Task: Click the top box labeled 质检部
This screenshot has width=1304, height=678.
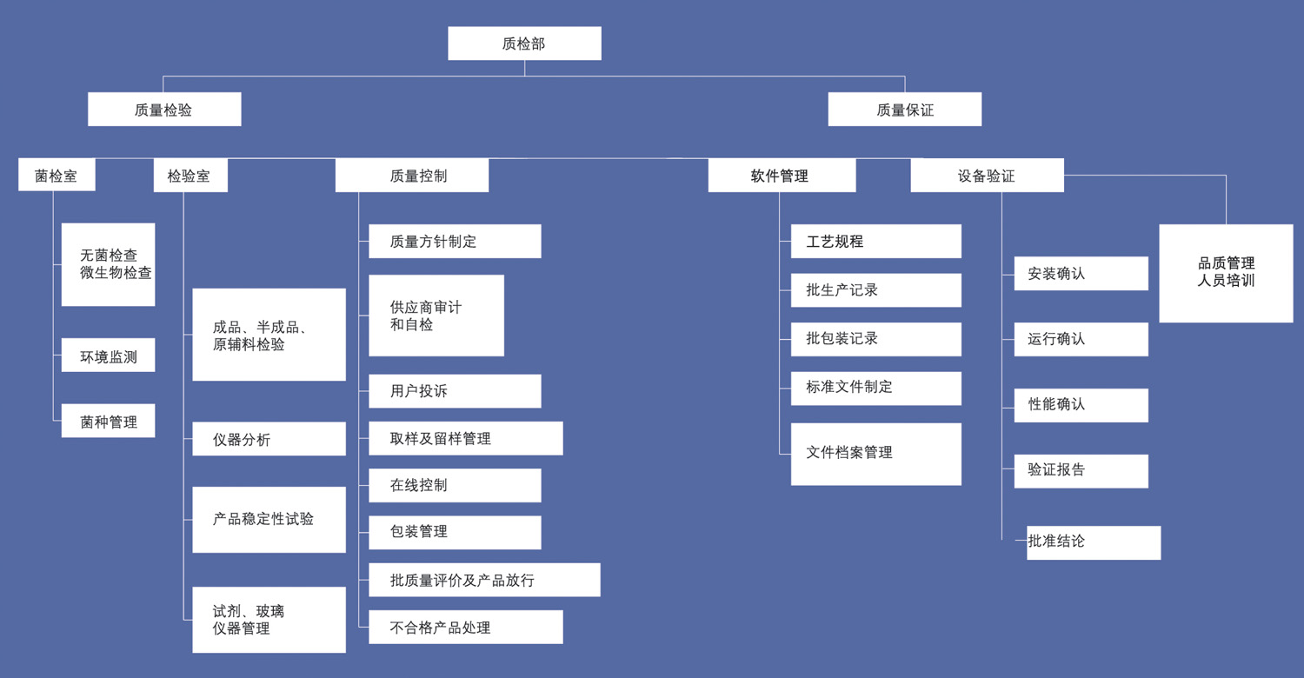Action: coord(524,43)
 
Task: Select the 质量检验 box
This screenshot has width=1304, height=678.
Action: coord(164,110)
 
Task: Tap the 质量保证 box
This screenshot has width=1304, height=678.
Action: coord(904,110)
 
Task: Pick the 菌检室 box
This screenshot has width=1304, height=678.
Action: coord(57,176)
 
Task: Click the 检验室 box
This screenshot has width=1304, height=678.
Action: coord(190,176)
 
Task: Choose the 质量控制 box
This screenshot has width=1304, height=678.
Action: coord(411,176)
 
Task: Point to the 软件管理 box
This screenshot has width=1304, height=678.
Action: coord(782,176)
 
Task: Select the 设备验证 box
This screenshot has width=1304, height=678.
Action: coord(987,176)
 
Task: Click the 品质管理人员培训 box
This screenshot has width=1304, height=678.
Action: coord(1226,273)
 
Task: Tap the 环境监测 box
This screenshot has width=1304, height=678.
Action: coord(108,356)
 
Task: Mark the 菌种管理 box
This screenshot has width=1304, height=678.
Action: coord(108,421)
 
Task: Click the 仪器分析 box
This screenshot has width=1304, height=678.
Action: coord(269,439)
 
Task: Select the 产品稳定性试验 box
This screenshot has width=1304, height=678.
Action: coord(269,519)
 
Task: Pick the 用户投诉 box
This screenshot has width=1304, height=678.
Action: coord(455,391)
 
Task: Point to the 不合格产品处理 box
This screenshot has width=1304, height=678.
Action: coord(465,627)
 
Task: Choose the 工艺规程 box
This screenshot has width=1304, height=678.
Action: coord(875,242)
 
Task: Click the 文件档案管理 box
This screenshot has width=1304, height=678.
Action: coord(875,454)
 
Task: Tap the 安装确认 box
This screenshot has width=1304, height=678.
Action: coord(1081,274)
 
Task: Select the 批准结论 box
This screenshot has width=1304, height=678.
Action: coord(1093,542)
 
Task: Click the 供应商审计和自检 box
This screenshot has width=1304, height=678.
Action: coord(436,316)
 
